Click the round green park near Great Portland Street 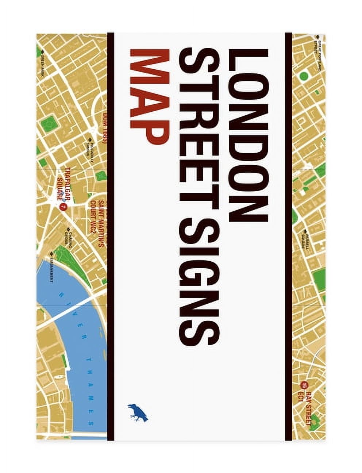304,76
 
